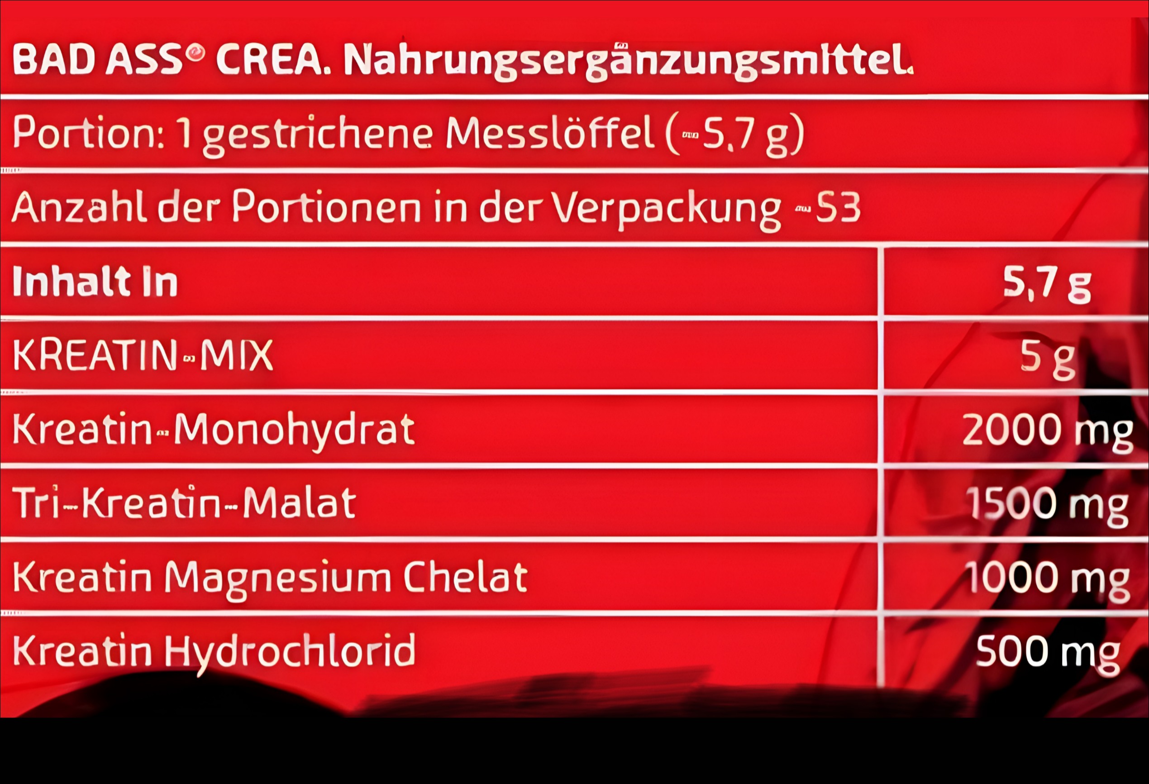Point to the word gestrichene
click(x=317, y=136)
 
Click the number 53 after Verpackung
click(x=838, y=207)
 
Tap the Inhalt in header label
click(x=95, y=282)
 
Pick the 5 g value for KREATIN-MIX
click(x=1047, y=359)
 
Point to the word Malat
click(x=299, y=502)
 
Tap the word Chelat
click(x=465, y=576)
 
